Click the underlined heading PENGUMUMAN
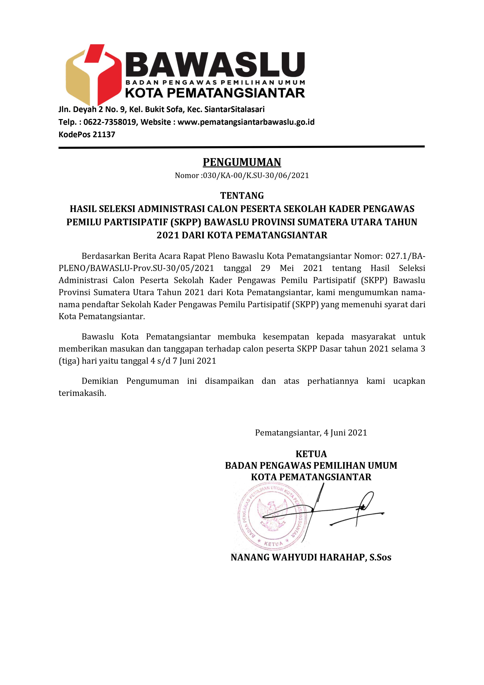tap(242, 162)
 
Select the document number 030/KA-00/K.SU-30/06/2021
tap(256, 176)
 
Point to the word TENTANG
tap(242, 196)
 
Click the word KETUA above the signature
tap(311, 454)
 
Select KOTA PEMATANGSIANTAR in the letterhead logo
tap(215, 93)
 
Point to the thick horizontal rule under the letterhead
tap(242, 147)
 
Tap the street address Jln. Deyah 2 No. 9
tap(92, 110)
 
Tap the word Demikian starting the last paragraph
tap(100, 381)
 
